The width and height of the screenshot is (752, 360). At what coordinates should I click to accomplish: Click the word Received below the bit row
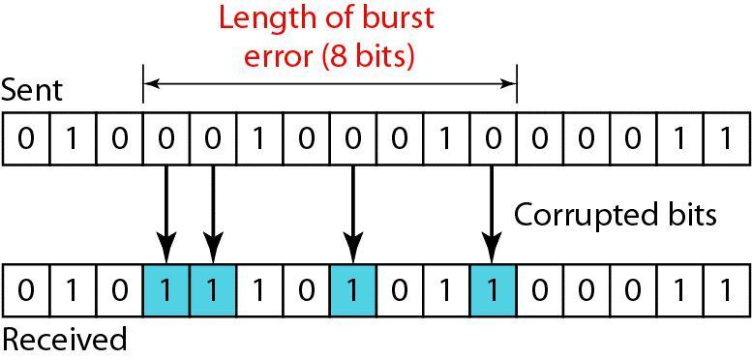point(64,340)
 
